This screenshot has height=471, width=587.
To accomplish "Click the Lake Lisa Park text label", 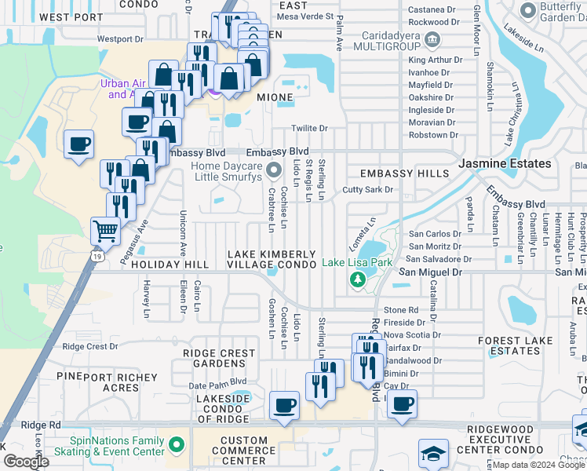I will pos(357,263).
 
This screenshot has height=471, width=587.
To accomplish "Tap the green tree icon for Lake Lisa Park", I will pos(358,280).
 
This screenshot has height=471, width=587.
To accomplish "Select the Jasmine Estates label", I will pos(505,163).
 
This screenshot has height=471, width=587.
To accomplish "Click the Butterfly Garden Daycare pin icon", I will pos(526,9).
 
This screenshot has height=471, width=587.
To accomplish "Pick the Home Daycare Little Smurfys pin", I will pos(273,170).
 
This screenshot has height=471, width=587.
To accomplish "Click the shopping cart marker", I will pos(105,231).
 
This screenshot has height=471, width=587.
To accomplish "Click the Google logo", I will pos(26,462).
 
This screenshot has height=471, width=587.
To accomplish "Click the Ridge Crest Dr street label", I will pos(89,346).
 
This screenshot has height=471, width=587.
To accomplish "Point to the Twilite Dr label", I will pos(308,128).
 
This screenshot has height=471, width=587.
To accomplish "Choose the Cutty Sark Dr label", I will pos(367,190).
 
